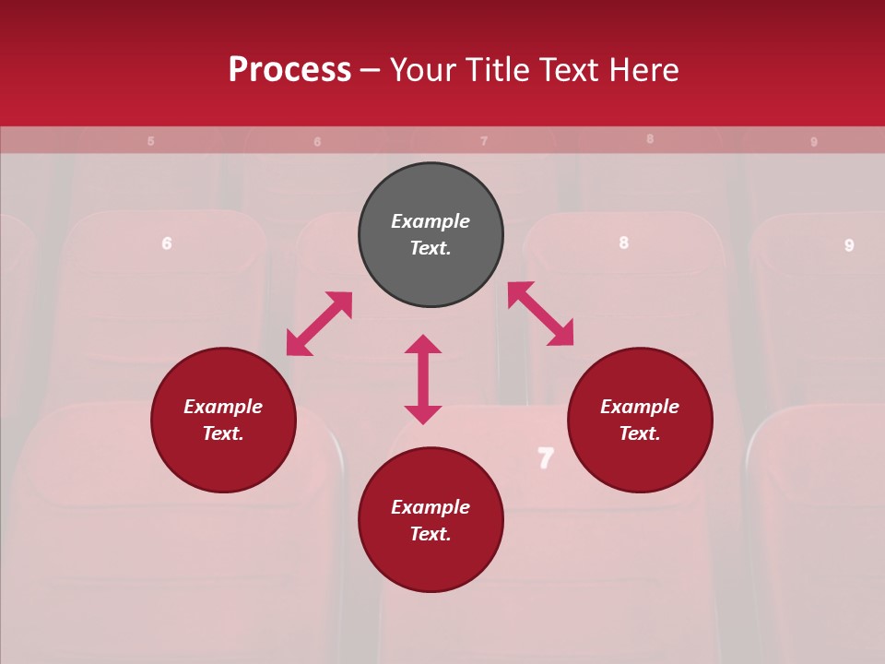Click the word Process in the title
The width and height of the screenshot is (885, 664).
click(289, 70)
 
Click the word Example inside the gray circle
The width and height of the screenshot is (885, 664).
click(431, 221)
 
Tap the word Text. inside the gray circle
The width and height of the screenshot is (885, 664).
click(431, 248)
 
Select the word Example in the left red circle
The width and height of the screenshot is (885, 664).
click(223, 407)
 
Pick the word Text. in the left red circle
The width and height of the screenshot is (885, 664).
click(223, 433)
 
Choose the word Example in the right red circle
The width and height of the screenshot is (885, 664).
click(640, 407)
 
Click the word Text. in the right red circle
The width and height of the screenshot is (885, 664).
click(640, 433)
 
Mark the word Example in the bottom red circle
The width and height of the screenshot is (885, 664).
click(431, 507)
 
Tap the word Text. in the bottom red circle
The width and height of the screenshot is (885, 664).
click(431, 534)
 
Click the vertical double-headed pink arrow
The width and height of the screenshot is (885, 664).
click(423, 379)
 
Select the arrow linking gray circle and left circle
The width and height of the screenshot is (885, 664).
click(319, 324)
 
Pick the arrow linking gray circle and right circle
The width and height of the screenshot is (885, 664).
click(540, 314)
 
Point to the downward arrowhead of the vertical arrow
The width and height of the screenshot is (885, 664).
click(423, 414)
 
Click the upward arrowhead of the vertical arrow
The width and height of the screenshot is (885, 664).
click(423, 344)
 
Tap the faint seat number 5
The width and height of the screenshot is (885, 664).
click(150, 141)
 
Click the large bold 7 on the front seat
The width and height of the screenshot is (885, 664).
click(546, 457)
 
